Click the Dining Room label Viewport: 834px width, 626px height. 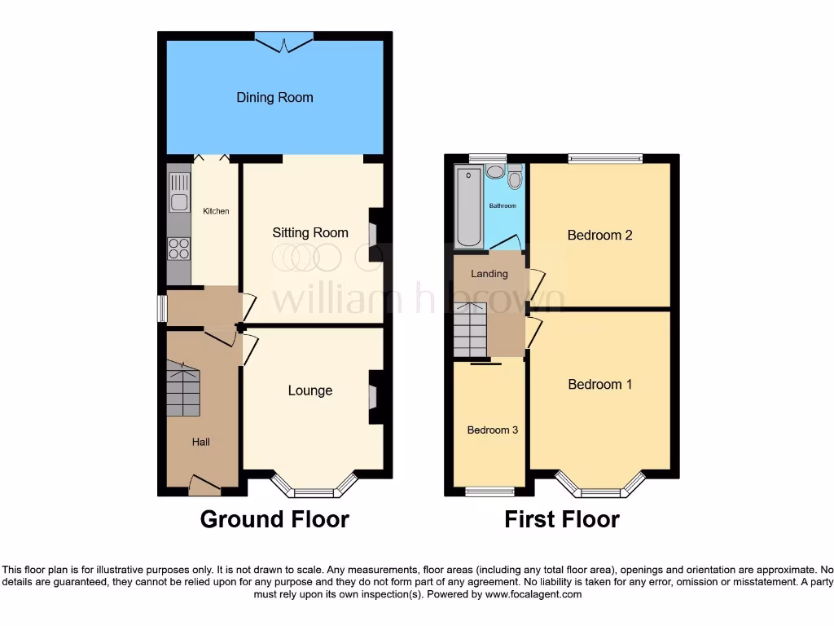coord(274,98)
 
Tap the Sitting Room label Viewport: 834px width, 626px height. coord(309,233)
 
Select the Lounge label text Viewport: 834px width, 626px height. coord(309,391)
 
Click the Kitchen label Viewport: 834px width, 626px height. coord(216,212)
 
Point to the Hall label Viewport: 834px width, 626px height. coord(200,442)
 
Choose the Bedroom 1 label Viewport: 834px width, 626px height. coord(599,385)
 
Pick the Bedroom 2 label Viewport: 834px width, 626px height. coord(599,236)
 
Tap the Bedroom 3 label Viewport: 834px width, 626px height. coord(492,430)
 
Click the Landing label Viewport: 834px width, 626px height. coord(489,274)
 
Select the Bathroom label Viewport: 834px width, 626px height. coord(503,206)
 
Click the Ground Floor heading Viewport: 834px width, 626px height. coord(274,519)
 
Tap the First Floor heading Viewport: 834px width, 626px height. coord(562,519)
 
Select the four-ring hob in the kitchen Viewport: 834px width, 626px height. coord(178,248)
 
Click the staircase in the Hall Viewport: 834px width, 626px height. coord(183,389)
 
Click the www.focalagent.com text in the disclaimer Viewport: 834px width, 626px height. coord(533,595)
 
